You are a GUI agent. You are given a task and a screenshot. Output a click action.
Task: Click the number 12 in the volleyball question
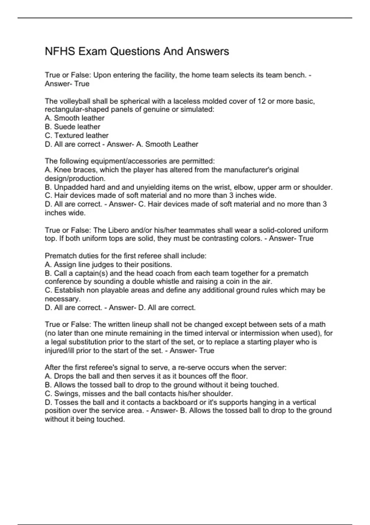(x=261, y=101)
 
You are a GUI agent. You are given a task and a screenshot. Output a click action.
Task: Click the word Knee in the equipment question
(x=62, y=170)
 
